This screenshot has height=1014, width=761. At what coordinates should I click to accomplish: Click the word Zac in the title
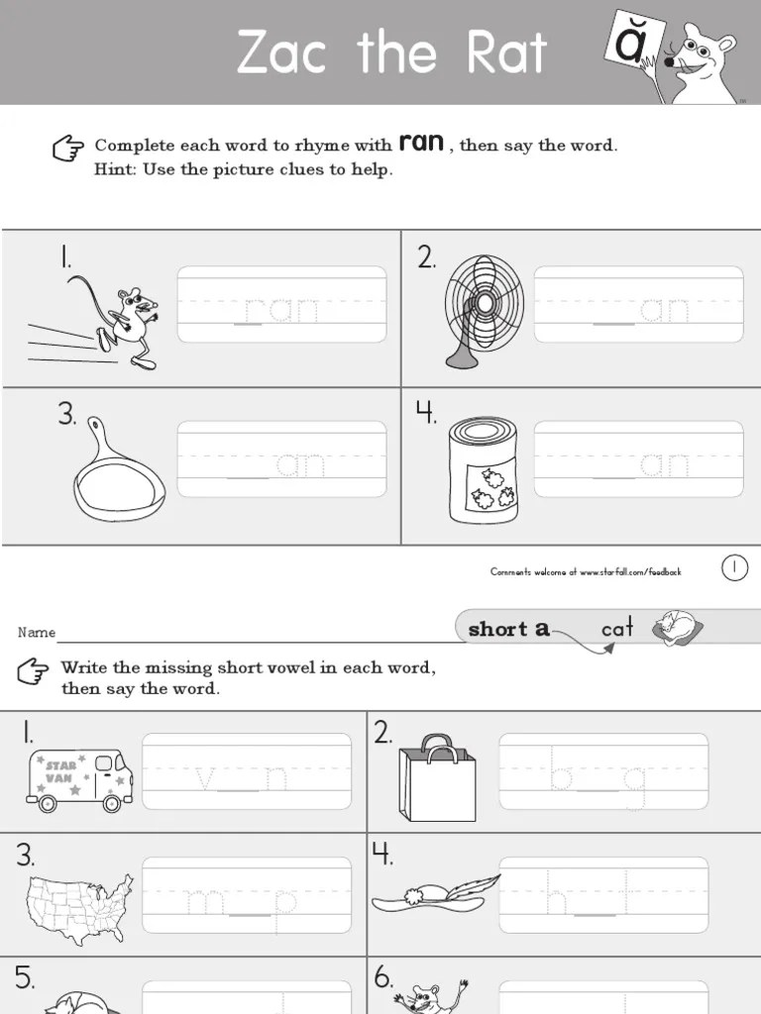281,52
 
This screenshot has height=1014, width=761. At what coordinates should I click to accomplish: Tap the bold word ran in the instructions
421,142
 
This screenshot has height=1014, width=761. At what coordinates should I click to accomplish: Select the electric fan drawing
483,308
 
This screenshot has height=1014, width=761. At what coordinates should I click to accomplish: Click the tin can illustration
482,469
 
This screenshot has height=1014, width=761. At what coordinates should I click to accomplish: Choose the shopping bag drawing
437,779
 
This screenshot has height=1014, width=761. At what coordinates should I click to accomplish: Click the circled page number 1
734,568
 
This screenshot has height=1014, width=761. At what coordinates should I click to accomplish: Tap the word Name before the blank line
37,633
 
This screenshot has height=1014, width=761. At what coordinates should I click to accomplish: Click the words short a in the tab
508,629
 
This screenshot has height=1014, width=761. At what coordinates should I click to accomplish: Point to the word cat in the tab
616,629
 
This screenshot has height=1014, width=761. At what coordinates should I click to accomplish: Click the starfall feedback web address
629,572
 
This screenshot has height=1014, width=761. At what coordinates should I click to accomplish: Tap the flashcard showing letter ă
629,43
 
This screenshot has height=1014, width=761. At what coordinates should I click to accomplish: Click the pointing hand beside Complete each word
67,149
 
